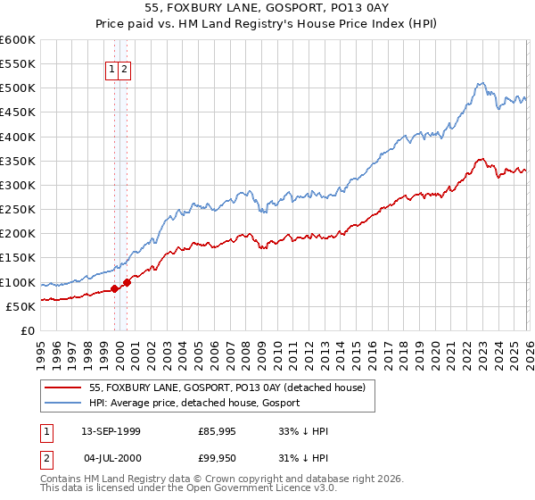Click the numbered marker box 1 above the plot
click(x=112, y=69)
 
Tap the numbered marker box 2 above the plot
click(x=125, y=69)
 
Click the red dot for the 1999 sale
click(x=114, y=288)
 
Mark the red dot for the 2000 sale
click(x=127, y=282)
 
